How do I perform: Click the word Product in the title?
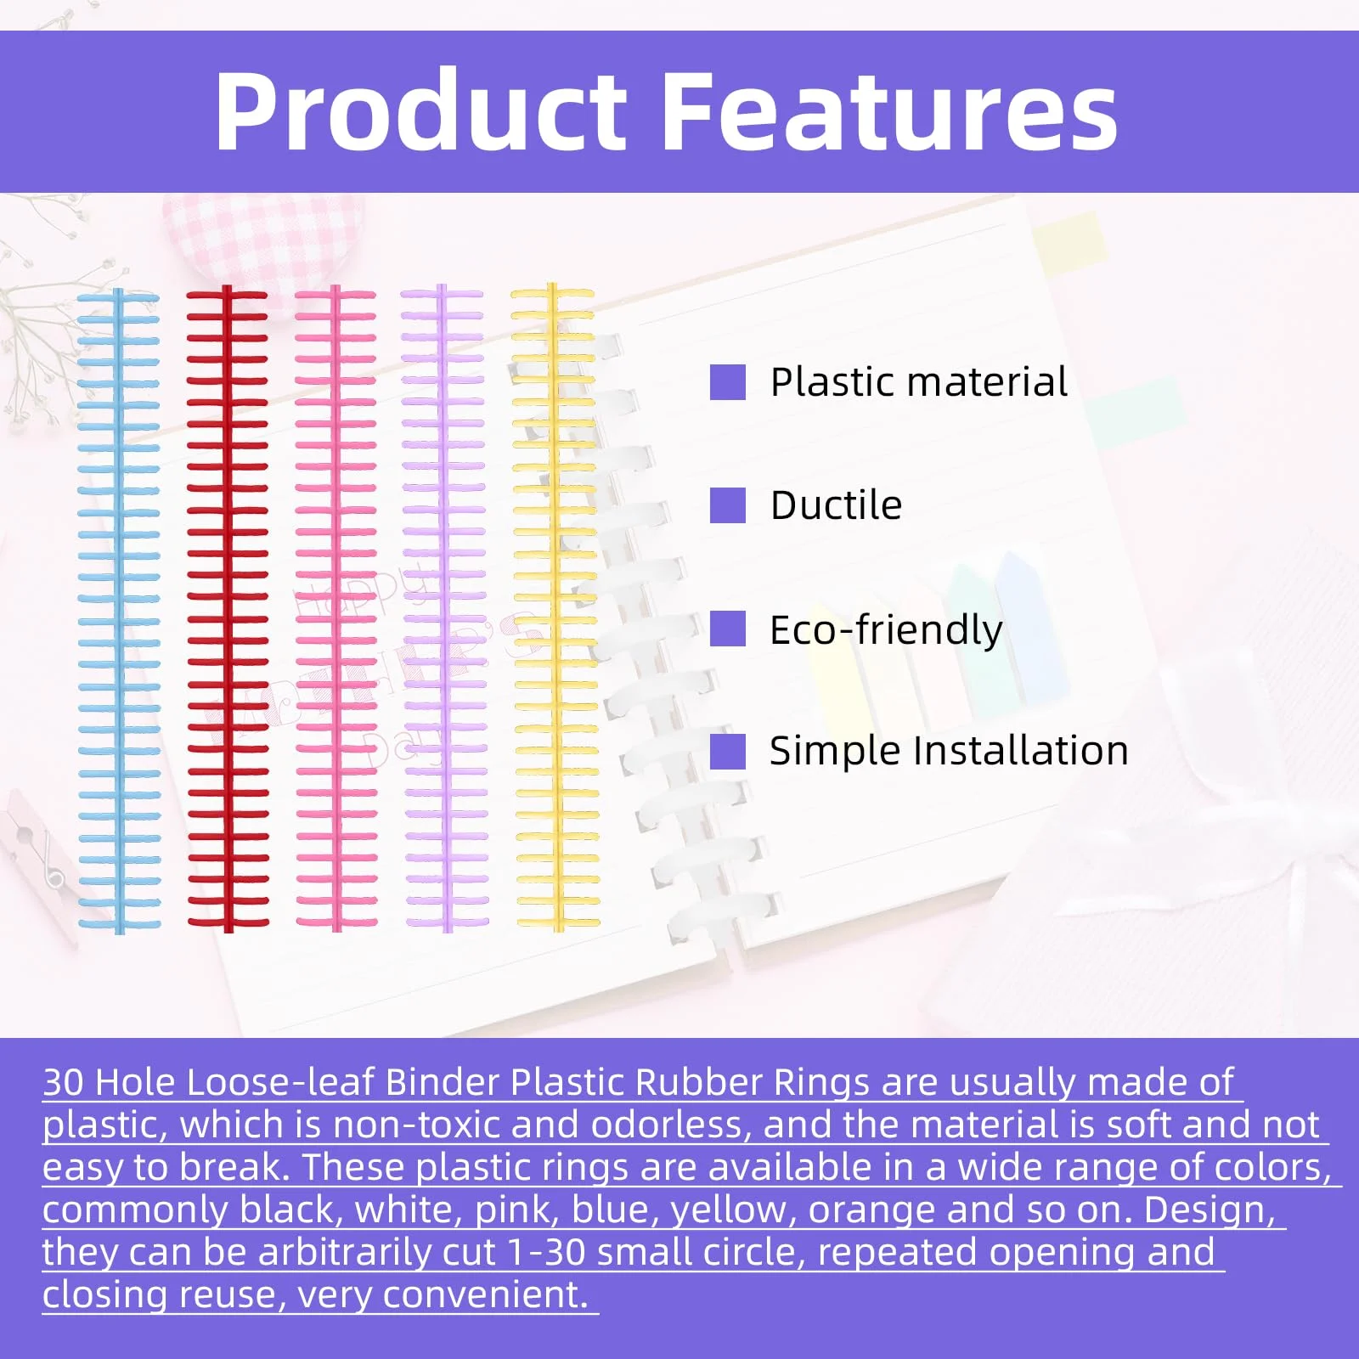421,111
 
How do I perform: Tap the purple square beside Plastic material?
728,382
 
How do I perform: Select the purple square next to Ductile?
728,505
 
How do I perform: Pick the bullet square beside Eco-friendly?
728,629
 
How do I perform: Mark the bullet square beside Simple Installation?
728,751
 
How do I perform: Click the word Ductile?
836,505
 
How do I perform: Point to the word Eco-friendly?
886,630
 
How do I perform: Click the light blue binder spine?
119,610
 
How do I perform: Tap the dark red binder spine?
228,608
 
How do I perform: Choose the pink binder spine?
336,608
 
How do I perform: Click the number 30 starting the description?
64,1082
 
